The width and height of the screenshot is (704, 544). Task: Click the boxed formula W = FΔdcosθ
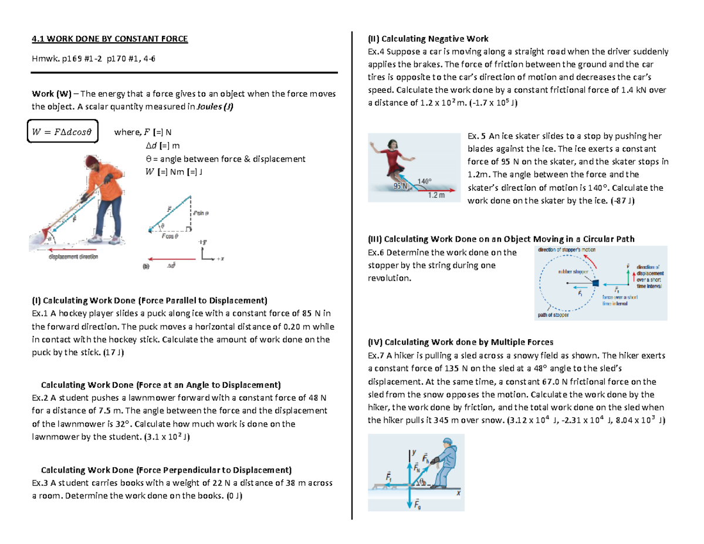(x=63, y=131)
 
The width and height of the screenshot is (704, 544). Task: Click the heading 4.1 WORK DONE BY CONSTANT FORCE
(x=110, y=39)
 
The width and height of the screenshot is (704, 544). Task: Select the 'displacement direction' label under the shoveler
(x=73, y=256)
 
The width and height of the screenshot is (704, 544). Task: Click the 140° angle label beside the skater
(x=424, y=181)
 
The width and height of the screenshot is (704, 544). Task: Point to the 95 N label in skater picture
(x=401, y=187)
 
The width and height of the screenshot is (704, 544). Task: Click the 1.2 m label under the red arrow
(x=436, y=195)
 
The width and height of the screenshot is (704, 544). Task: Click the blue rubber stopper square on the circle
(x=595, y=283)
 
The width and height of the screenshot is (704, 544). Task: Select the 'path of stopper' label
(x=553, y=315)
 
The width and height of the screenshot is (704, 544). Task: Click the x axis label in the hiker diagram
(x=458, y=494)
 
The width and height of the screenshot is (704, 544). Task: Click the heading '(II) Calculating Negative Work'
(x=428, y=39)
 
